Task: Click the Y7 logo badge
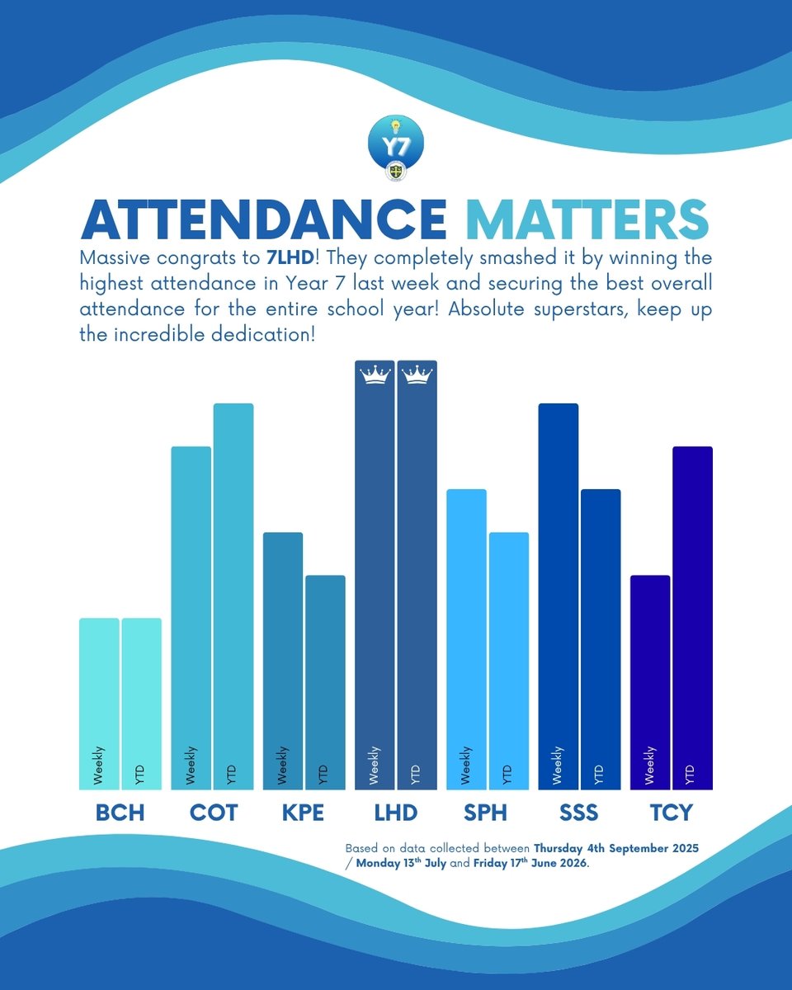click(396, 146)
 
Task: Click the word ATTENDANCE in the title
click(264, 219)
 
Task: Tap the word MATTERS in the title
click(587, 219)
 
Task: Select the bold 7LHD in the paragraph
click(290, 258)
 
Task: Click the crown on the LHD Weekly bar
click(375, 375)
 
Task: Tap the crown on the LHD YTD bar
click(417, 375)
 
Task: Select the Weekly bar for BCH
click(99, 704)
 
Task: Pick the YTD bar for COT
click(233, 596)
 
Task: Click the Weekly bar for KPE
click(282, 661)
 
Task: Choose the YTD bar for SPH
click(509, 661)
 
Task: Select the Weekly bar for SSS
click(559, 596)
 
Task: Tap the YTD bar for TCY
click(693, 618)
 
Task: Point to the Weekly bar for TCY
click(650, 682)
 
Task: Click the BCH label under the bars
click(120, 813)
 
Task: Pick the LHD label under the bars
click(396, 813)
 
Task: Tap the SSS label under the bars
click(579, 813)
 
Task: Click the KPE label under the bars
click(303, 813)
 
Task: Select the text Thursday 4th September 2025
click(616, 848)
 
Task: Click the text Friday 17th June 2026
click(530, 863)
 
